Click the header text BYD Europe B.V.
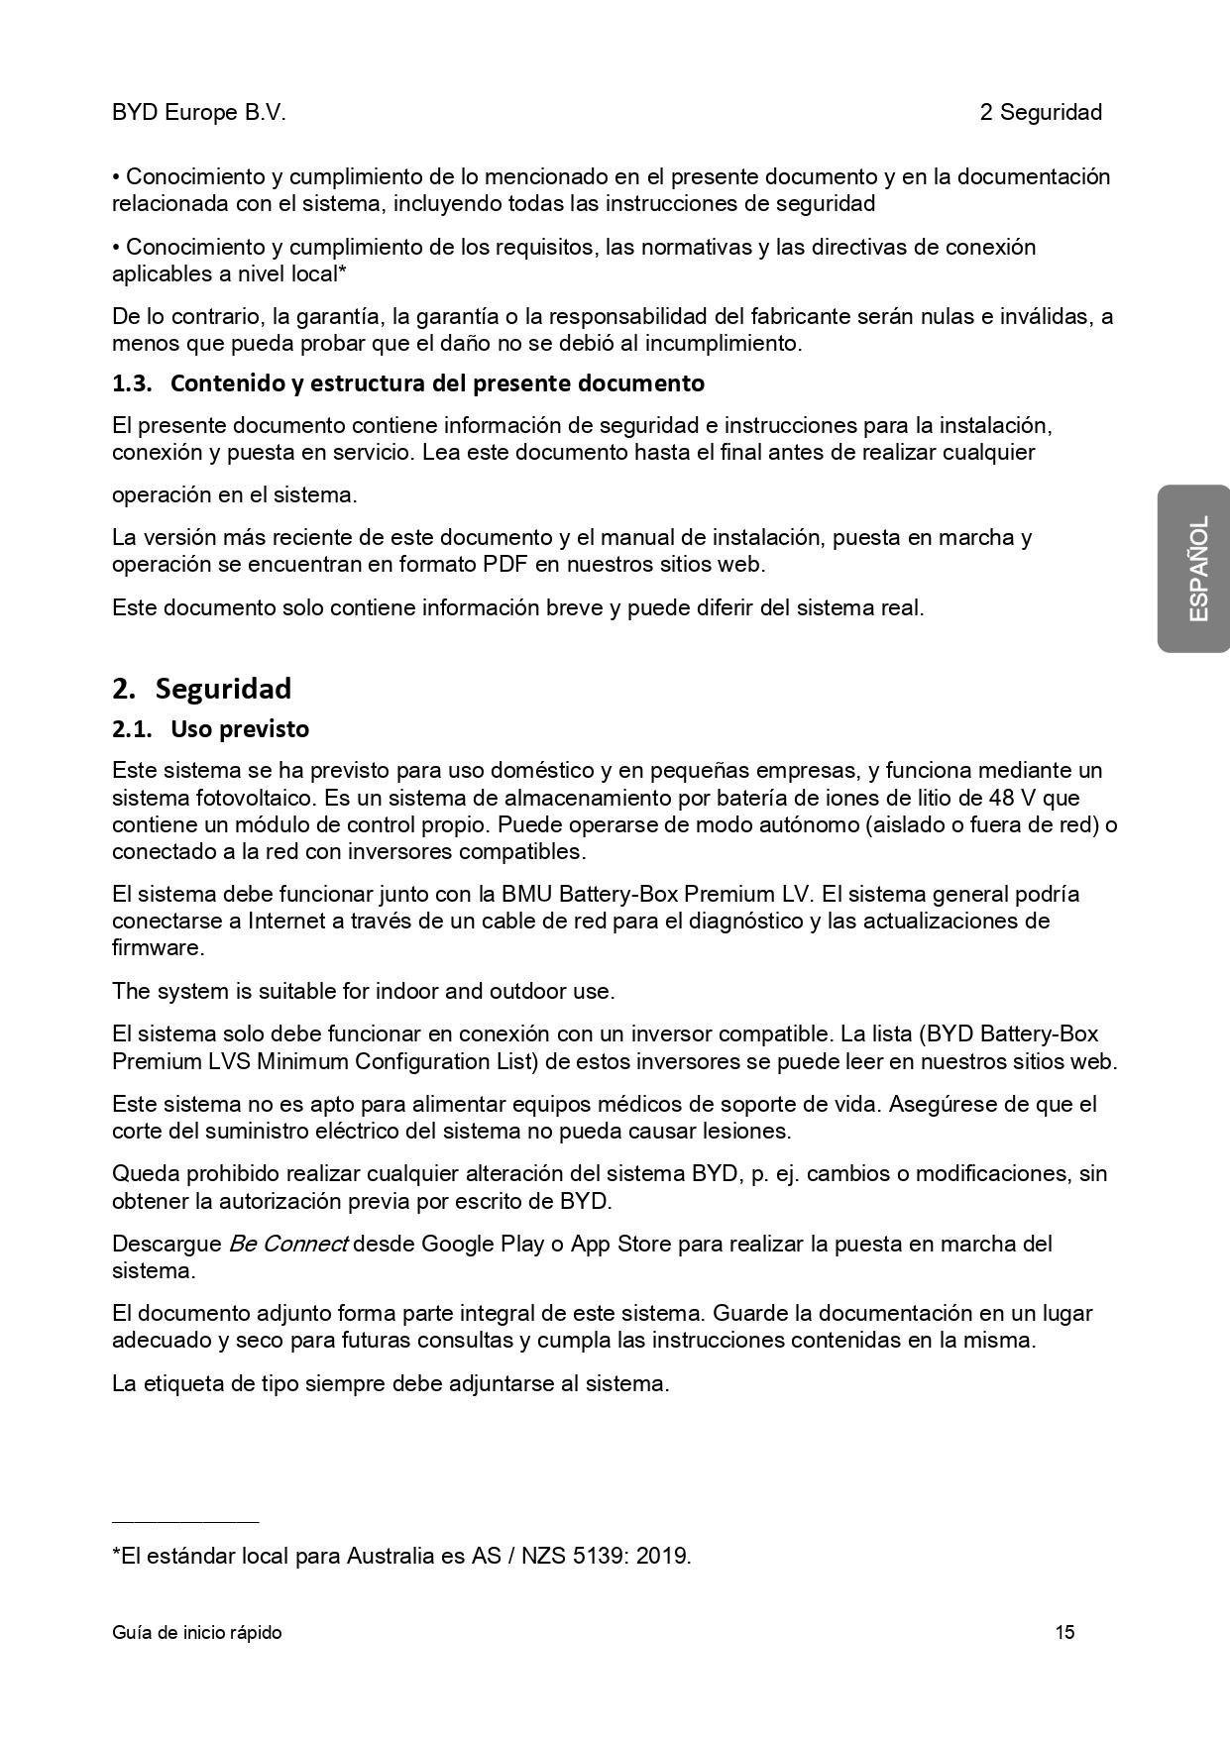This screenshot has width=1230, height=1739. pos(198,113)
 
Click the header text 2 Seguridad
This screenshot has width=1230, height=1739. pos(1041,113)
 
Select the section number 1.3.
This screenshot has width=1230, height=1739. pos(132,383)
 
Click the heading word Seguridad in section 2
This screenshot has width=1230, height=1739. pos(223,689)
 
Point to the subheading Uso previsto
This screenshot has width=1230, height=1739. pos(240,729)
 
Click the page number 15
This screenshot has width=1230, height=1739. pos(1064,1632)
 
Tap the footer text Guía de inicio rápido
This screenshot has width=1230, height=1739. pos(196,1632)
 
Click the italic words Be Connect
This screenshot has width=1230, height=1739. pos(288,1244)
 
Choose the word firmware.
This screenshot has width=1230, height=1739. pos(156,948)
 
